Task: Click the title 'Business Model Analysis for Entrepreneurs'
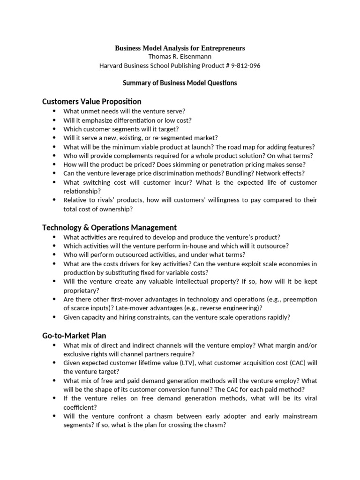coord(180,48)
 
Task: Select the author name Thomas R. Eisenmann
coord(180,57)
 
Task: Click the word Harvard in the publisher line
coord(112,66)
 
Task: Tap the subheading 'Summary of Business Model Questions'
coord(180,83)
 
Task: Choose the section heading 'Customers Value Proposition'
coord(92,101)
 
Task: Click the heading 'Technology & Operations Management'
coord(109,227)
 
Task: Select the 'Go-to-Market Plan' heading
coord(74,335)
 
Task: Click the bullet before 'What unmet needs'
coord(54,111)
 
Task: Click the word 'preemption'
coord(300,300)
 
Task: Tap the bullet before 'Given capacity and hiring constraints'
coord(54,317)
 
